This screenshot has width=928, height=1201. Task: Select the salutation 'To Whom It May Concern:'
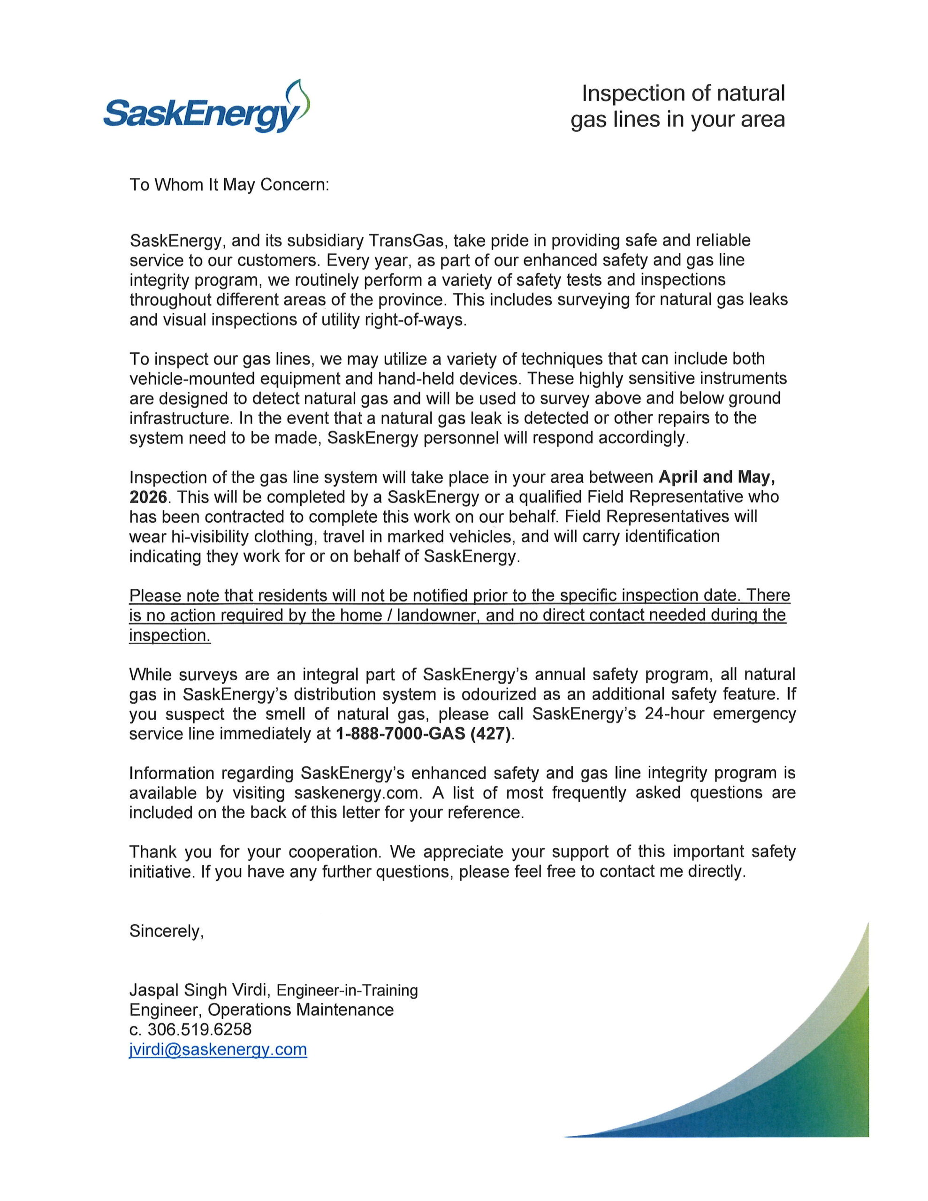coord(229,184)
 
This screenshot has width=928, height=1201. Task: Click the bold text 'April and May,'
coord(717,477)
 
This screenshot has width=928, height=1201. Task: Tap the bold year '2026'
coord(148,496)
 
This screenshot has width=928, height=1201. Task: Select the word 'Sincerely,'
coord(167,930)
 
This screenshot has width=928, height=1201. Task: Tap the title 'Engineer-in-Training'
coord(347,990)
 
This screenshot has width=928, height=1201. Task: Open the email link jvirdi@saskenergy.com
coord(218,1049)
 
